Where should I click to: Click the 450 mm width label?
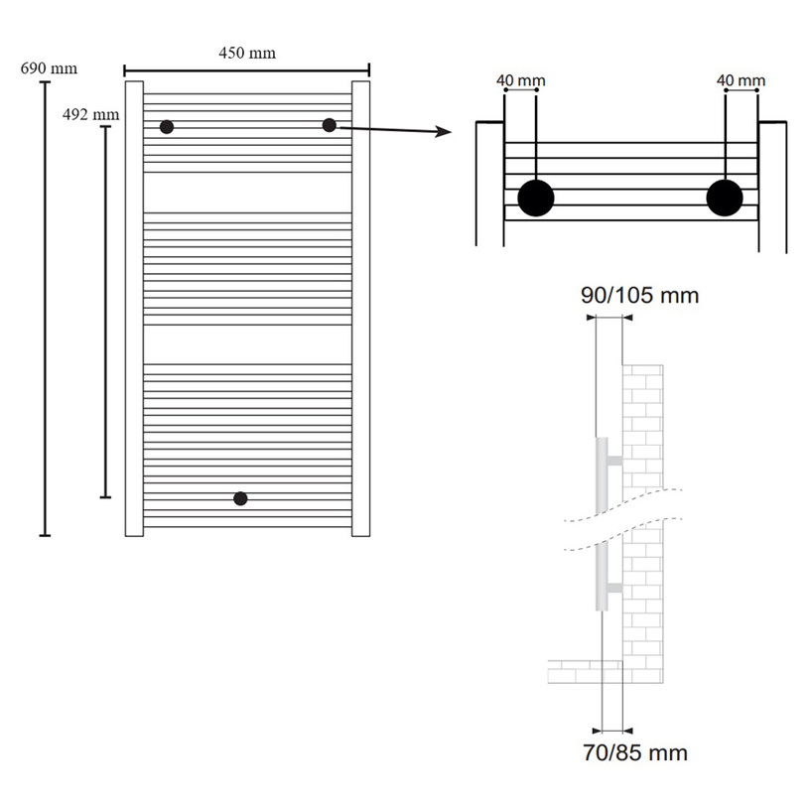coord(247,53)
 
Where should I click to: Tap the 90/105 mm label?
coord(640,296)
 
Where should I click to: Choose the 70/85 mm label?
coord(636,752)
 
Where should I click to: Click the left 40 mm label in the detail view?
coord(520,80)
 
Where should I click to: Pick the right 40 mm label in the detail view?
coord(741,80)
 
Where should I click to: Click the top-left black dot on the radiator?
coord(167,127)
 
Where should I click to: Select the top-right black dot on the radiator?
coord(329,124)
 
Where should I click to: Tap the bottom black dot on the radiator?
coord(240,498)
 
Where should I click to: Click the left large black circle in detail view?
coord(536,198)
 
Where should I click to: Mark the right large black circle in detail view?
coord(725,198)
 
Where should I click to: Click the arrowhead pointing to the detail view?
coord(445,134)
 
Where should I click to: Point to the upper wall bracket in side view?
coord(613,462)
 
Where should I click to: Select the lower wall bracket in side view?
coord(613,588)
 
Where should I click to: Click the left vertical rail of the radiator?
coord(134,308)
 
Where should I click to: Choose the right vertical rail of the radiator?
coord(360,308)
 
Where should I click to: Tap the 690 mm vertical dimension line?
coord(45,308)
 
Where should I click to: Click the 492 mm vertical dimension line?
coord(106,308)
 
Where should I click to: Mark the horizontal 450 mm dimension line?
coord(247,69)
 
